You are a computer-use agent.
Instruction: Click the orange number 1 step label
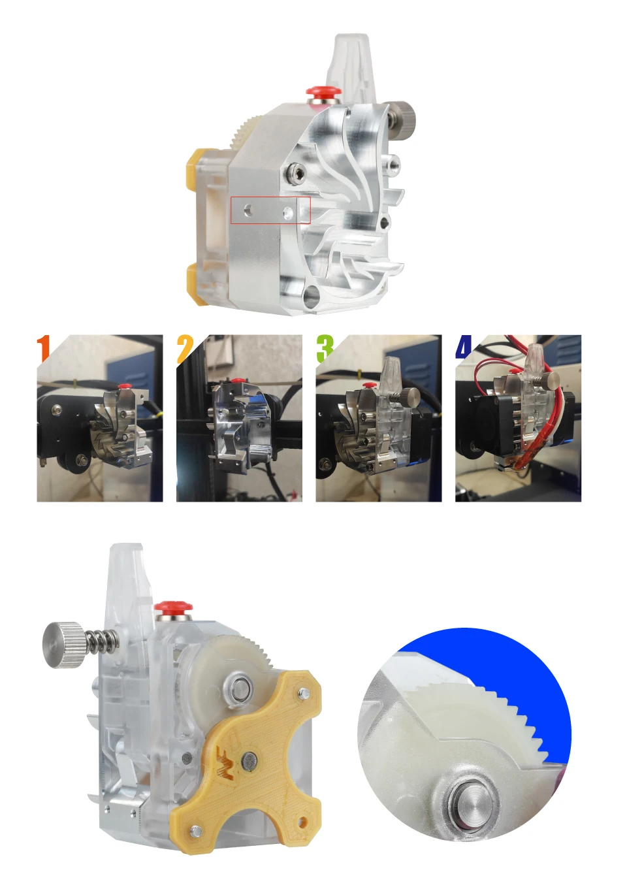(44, 348)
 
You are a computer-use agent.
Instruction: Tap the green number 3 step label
(325, 348)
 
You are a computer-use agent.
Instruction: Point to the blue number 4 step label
(464, 346)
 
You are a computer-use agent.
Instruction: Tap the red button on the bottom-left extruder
(174, 606)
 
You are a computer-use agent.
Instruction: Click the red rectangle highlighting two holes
(270, 210)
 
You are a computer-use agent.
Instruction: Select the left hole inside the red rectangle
(249, 209)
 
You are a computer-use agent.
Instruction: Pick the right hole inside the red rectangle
(288, 212)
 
